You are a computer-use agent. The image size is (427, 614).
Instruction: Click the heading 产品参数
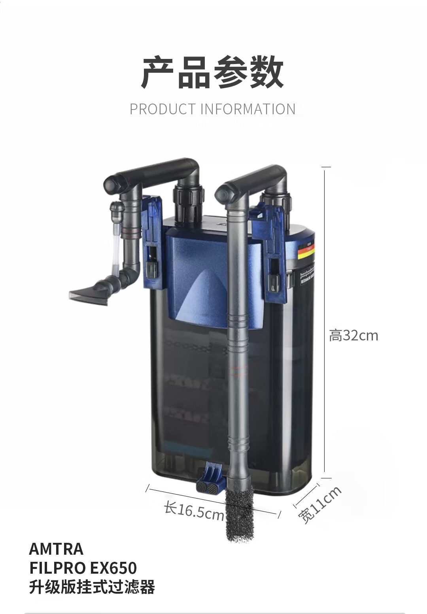(x=213, y=72)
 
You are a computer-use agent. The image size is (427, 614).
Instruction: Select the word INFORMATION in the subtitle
(x=248, y=109)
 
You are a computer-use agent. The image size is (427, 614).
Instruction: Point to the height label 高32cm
(x=353, y=336)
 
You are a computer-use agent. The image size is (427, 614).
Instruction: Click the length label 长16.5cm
(x=194, y=511)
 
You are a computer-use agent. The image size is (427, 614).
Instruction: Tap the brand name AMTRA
(x=56, y=549)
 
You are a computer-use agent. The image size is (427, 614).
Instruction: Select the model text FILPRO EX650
(x=83, y=568)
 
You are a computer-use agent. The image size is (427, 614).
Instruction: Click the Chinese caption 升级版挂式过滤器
(x=92, y=587)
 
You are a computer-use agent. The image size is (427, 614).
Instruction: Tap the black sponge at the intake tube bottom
(x=240, y=514)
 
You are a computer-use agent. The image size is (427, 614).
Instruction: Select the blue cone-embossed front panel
(x=210, y=277)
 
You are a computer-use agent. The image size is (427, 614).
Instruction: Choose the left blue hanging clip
(x=152, y=241)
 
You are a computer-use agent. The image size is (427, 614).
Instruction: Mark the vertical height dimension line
(x=325, y=320)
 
